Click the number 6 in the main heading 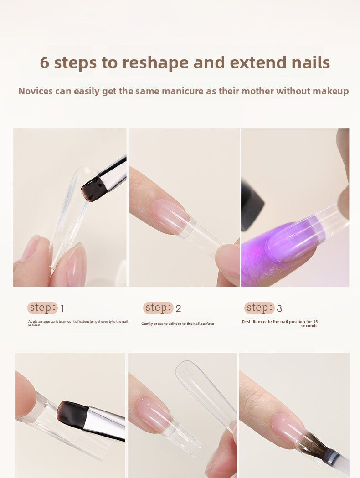tap(44, 62)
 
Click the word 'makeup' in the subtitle tap(331, 91)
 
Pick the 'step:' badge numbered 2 tap(158, 308)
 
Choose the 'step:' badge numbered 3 tap(259, 308)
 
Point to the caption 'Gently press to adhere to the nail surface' tap(177, 324)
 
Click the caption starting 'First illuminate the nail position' tap(279, 324)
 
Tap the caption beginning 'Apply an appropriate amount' tap(78, 323)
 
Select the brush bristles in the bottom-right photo tap(314, 444)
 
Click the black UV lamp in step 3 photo tap(252, 205)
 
